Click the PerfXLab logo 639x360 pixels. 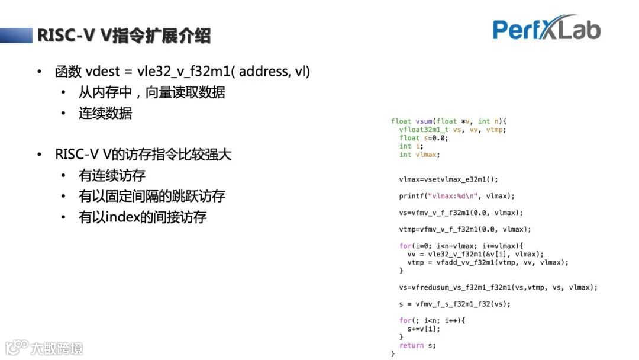(x=546, y=28)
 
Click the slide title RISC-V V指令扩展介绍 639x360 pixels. (x=124, y=36)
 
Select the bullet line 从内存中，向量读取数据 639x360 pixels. (x=151, y=93)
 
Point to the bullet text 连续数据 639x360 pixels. (x=105, y=114)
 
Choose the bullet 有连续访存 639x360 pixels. (x=112, y=176)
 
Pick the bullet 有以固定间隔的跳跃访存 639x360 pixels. (x=151, y=197)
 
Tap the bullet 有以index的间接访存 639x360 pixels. (x=142, y=217)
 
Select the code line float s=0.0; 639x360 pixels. (x=424, y=138)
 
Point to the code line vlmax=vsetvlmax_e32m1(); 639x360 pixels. (x=448, y=179)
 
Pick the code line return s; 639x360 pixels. (x=417, y=345)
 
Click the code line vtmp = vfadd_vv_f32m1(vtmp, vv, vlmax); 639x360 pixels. (x=488, y=262)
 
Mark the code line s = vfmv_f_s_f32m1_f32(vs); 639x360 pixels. (x=454, y=304)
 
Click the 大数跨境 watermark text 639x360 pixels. (x=57, y=348)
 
